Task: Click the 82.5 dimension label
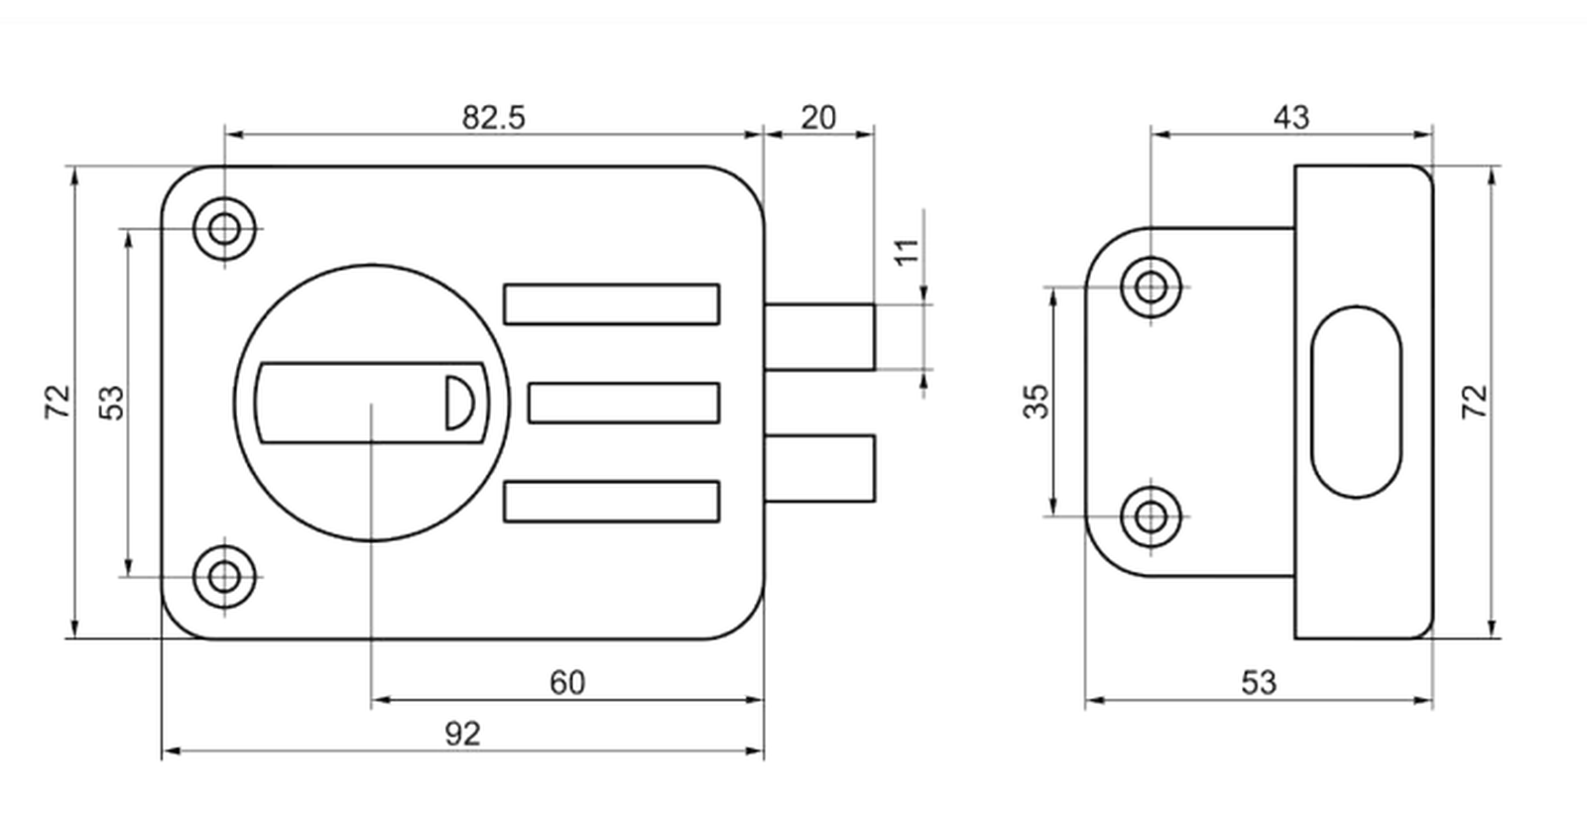[x=494, y=118]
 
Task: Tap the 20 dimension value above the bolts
[x=818, y=118]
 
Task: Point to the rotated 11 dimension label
[x=907, y=253]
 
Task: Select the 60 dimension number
[x=567, y=683]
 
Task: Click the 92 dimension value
[x=462, y=734]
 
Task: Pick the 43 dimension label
[x=1291, y=118]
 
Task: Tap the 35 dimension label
[x=1037, y=402]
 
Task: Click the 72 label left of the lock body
[x=59, y=402]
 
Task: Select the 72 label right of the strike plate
[x=1475, y=402]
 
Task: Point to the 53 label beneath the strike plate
[x=1259, y=683]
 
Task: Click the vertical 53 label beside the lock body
[x=111, y=403]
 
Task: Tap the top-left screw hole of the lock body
[x=224, y=229]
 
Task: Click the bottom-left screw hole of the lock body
[x=224, y=576]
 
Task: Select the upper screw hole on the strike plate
[x=1151, y=287]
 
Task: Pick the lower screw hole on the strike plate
[x=1151, y=517]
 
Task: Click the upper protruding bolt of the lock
[x=819, y=337]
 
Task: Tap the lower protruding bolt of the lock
[x=819, y=469]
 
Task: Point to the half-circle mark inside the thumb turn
[x=458, y=403]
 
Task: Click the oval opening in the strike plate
[x=1356, y=403]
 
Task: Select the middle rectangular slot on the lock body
[x=624, y=403]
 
